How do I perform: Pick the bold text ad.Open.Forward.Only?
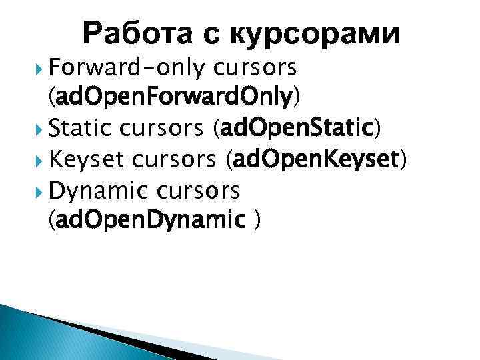tap(175, 98)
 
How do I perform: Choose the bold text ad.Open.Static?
tap(297, 129)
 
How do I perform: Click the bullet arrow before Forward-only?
tap(41, 68)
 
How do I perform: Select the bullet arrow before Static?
tap(41, 129)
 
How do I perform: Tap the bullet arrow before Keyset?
tap(41, 160)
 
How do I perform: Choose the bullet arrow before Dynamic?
tap(41, 191)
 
